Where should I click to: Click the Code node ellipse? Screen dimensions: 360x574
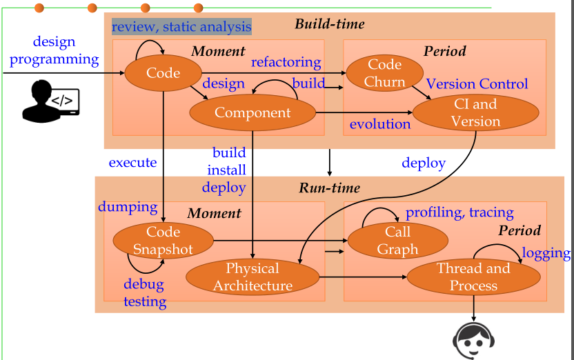163,73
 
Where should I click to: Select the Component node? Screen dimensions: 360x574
253,112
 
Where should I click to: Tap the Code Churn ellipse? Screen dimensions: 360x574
384,73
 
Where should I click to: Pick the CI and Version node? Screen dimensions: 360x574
475,112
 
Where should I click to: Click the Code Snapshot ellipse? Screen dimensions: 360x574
163,240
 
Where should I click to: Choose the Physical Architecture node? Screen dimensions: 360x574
253,277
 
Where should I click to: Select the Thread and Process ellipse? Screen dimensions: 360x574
473,277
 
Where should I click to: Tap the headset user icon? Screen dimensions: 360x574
473,340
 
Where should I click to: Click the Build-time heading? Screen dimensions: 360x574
329,25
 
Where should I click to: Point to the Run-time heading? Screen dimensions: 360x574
329,188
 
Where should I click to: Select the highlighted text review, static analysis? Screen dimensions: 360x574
181,27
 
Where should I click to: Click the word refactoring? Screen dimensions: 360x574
286,62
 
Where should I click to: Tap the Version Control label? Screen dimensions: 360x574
477,84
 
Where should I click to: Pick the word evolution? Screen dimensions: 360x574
379,124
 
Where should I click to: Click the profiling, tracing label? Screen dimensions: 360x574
459,212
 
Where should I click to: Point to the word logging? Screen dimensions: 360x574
546,253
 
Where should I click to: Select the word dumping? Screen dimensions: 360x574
128,206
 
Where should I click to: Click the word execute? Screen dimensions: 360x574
132,163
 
